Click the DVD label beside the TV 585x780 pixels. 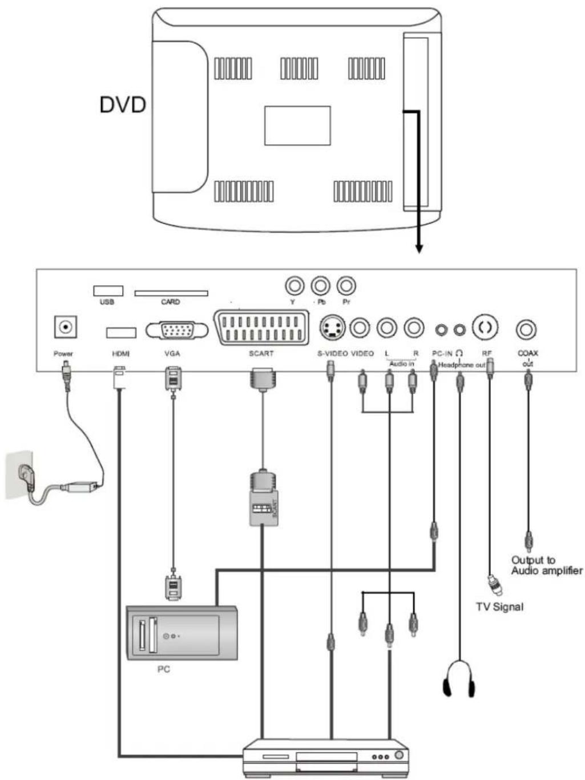[x=123, y=105]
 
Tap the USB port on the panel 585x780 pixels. [x=108, y=290]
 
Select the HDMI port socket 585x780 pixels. [x=121, y=332]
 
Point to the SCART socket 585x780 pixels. [x=261, y=328]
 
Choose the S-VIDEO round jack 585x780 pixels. [x=332, y=328]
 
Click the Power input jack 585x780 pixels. [x=66, y=328]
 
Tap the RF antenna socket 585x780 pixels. [x=486, y=328]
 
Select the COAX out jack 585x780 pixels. [x=526, y=329]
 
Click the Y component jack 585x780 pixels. [x=294, y=285]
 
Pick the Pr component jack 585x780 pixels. [x=346, y=285]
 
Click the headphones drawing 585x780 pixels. [x=459, y=678]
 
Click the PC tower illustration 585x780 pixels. [x=181, y=633]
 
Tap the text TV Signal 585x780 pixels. [x=499, y=607]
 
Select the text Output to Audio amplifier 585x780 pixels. [x=546, y=565]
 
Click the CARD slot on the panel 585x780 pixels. [x=171, y=293]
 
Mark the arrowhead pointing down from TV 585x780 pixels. [x=419, y=248]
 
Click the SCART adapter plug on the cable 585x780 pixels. [x=263, y=499]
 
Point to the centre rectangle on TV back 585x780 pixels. [x=297, y=126]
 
